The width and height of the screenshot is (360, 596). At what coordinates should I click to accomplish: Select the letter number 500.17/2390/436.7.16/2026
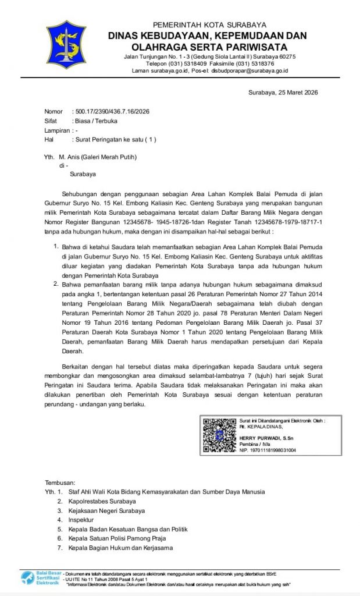point(112,111)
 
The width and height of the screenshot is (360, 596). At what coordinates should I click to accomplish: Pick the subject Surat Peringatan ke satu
point(115,140)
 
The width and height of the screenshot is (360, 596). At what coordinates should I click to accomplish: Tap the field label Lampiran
point(56,130)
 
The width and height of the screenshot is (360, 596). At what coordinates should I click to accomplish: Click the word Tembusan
point(60,483)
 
